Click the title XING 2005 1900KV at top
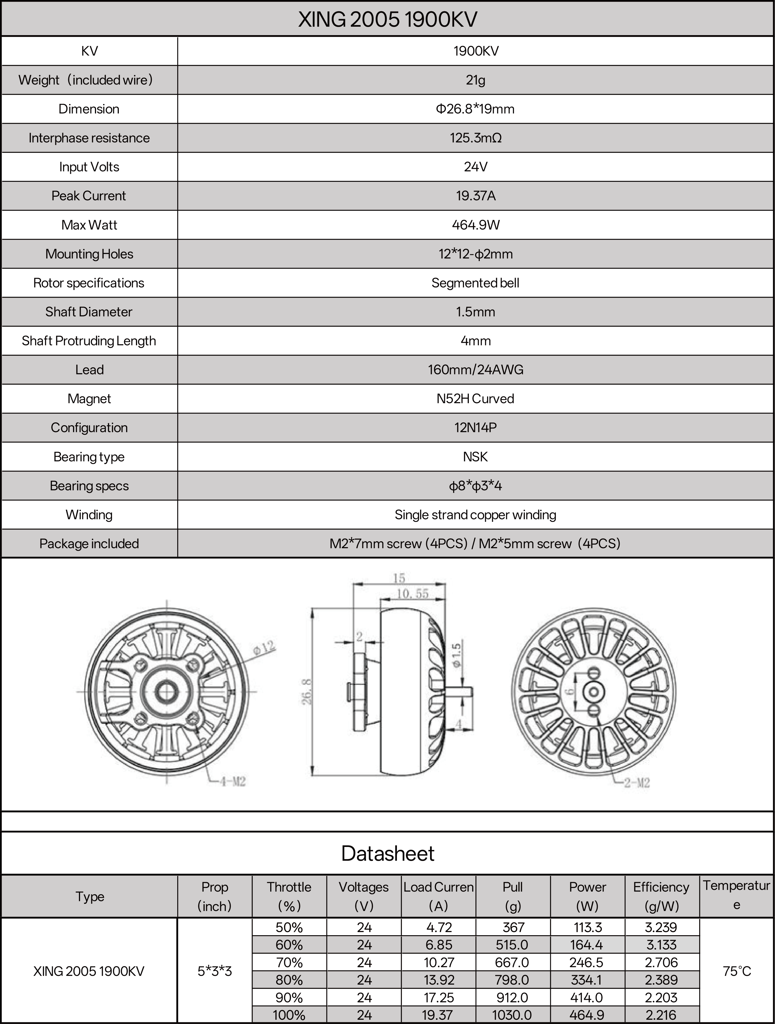387,19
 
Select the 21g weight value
475,80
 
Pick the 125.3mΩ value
475,138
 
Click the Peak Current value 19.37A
475,196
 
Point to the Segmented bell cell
475,283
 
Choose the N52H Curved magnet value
475,398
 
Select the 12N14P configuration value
475,427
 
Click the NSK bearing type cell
475,457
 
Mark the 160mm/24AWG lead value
475,370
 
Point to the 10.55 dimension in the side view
413,593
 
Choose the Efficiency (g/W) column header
661,896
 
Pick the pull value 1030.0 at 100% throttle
512,1015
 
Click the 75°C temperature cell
737,971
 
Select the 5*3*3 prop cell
215,971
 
